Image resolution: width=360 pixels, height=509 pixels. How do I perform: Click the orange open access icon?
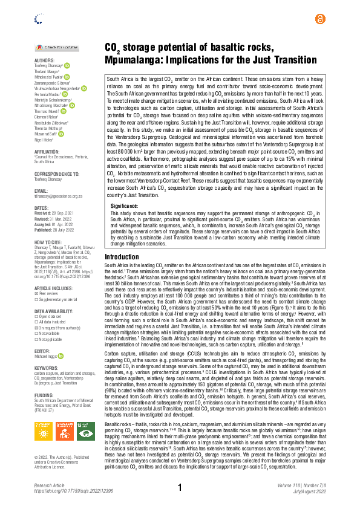point(319,19)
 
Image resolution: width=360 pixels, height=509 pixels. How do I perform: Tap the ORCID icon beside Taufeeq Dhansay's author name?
point(67,66)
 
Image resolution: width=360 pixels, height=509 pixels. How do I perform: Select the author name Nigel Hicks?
point(45,138)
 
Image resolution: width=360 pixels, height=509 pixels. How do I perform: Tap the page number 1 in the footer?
point(180,487)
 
